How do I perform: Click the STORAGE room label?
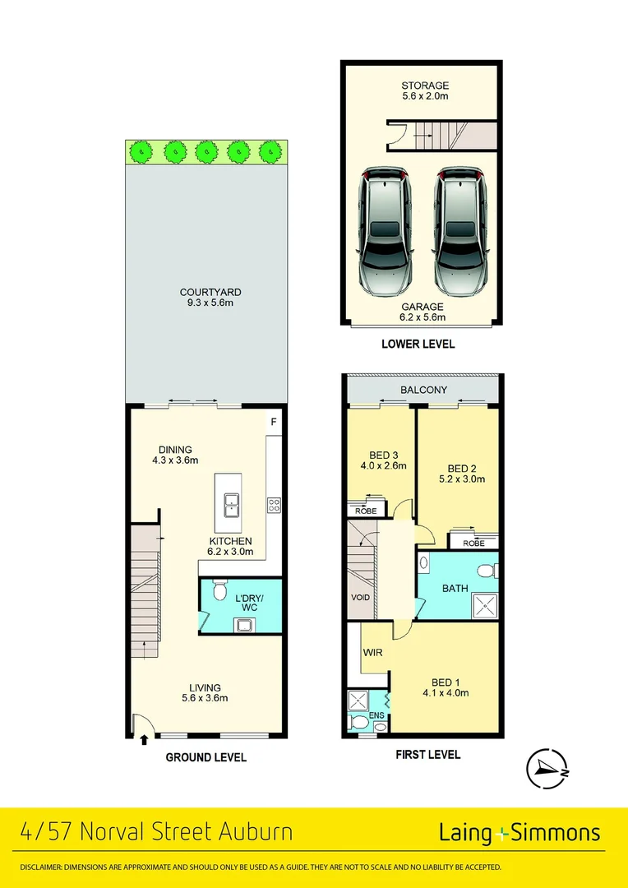[425, 85]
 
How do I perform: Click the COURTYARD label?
[210, 292]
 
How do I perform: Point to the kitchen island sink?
[229, 503]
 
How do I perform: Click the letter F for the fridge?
[274, 423]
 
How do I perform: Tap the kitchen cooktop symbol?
[274, 505]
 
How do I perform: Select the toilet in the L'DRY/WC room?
[219, 590]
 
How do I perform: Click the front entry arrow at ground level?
[145, 739]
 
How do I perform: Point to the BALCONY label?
[424, 389]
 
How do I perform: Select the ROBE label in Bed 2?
[473, 543]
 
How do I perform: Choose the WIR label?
[372, 653]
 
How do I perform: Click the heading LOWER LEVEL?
[418, 344]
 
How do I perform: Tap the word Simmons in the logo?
[556, 832]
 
